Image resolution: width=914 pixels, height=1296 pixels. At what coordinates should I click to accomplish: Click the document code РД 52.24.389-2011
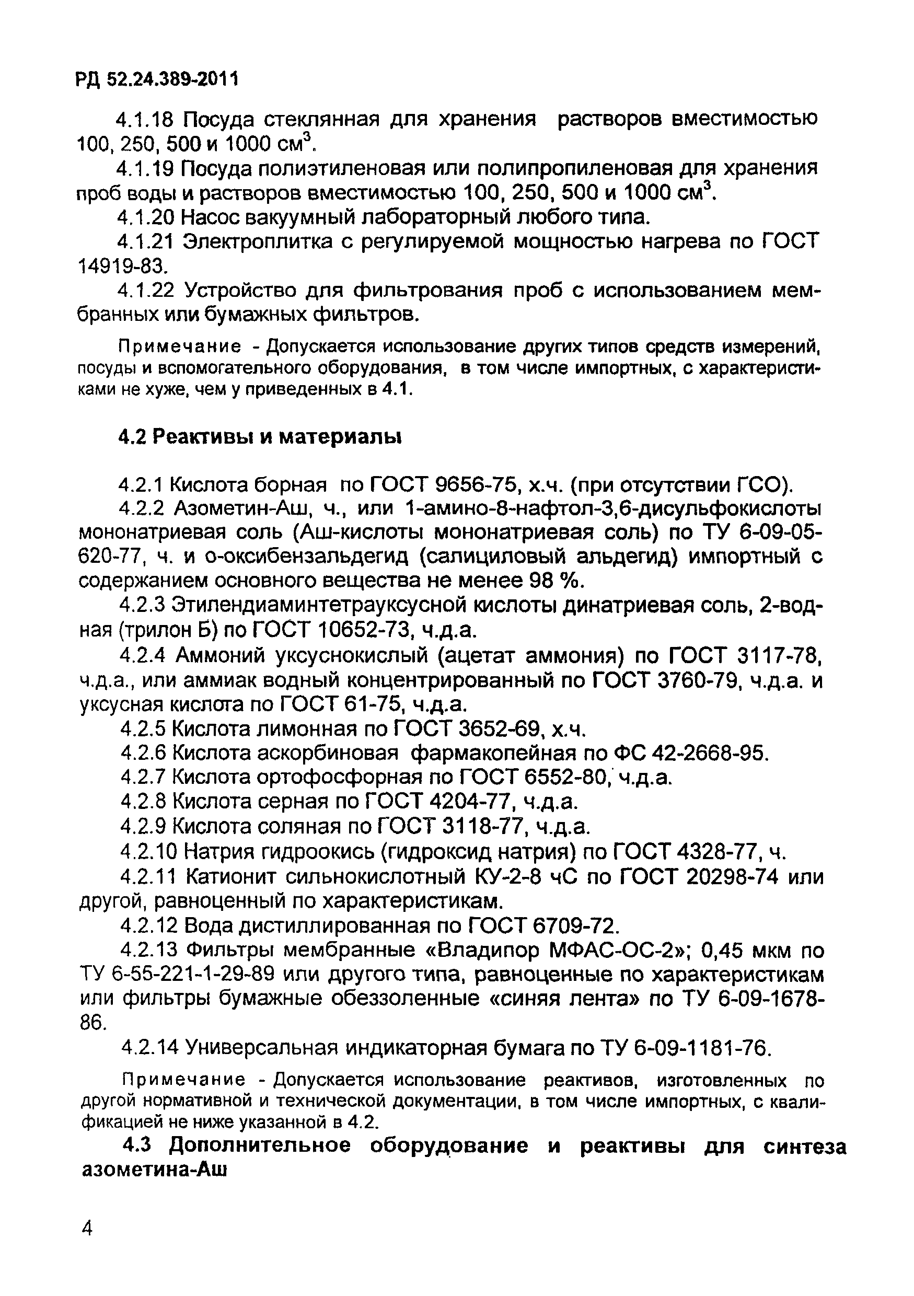157,80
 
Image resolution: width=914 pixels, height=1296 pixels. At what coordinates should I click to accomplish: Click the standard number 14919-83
122,266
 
